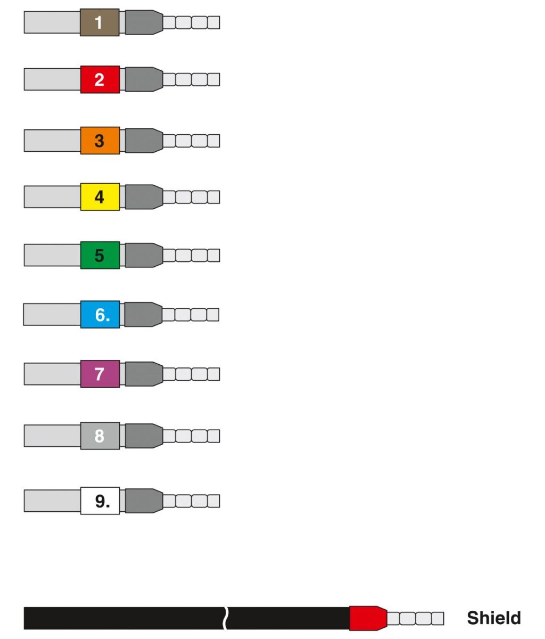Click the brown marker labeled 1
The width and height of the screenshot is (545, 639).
(100, 22)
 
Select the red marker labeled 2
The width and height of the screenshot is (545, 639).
(100, 79)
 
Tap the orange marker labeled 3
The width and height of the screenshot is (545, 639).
(100, 141)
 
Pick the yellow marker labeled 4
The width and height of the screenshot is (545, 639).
(100, 197)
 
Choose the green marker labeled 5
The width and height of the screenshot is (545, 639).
(100, 255)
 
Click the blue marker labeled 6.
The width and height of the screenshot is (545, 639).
(100, 314)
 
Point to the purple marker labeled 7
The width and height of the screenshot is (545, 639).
(100, 374)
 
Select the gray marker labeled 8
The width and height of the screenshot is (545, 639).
(100, 436)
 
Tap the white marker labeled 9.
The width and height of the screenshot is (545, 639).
(100, 501)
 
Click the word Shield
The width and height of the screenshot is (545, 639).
(494, 618)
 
